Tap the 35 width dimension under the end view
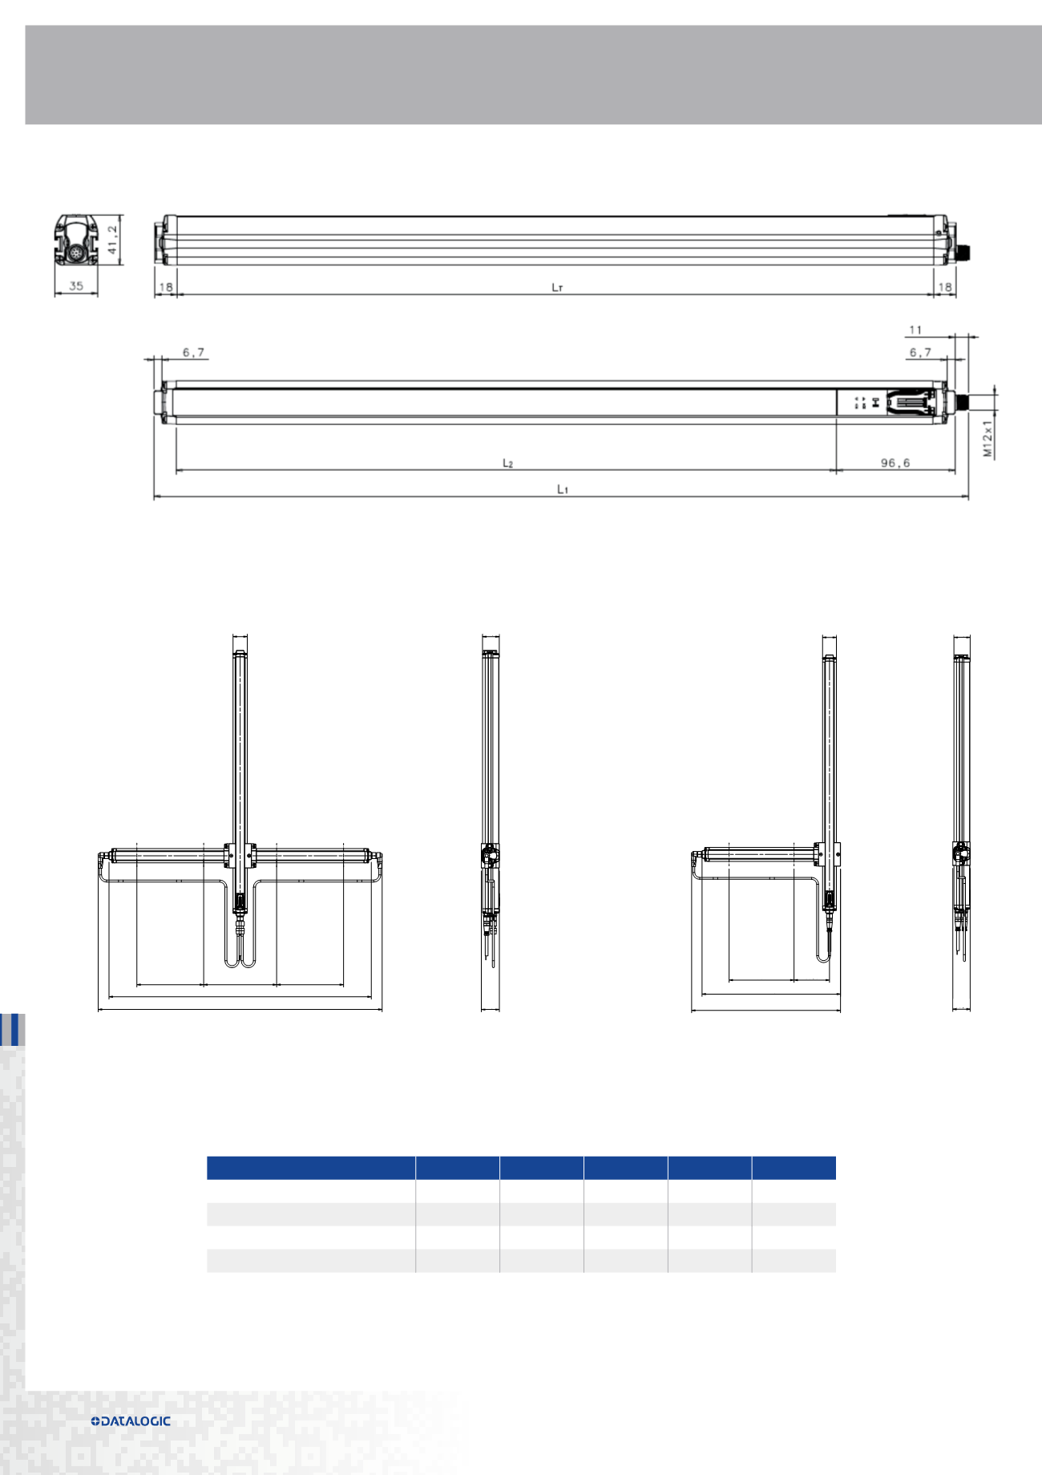pyautogui.click(x=76, y=286)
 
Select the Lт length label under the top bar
pyautogui.click(x=558, y=286)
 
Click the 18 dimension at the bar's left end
pyautogui.click(x=166, y=286)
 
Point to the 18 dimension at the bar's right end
pyautogui.click(x=945, y=286)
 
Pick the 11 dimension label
pyautogui.click(x=916, y=330)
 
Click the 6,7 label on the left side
pyautogui.click(x=193, y=352)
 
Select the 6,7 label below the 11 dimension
pyautogui.click(x=920, y=352)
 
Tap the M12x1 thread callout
pyautogui.click(x=988, y=438)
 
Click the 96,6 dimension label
pyautogui.click(x=895, y=463)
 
